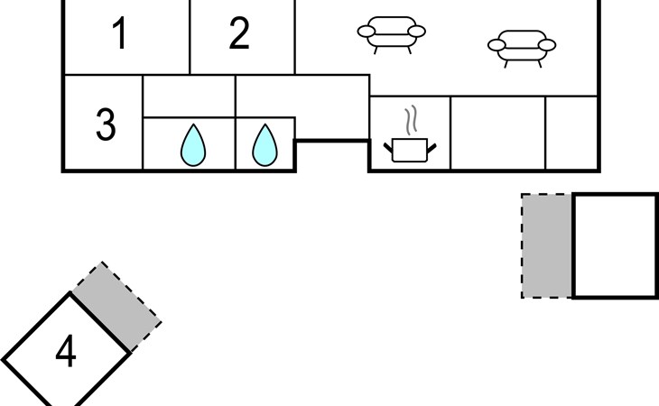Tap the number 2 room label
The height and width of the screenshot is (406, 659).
click(238, 34)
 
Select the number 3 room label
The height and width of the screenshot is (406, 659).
click(106, 125)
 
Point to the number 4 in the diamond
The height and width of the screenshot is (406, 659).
click(65, 352)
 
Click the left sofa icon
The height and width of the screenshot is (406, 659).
click(392, 34)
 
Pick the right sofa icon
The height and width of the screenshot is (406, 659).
click(521, 45)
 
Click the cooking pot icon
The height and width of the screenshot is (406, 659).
click(410, 150)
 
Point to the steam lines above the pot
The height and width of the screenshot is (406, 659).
click(412, 120)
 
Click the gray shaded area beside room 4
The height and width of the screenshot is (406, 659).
click(116, 307)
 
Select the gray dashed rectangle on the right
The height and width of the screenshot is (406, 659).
click(547, 245)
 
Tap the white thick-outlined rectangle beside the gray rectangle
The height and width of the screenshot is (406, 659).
click(615, 245)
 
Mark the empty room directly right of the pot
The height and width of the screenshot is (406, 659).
click(497, 133)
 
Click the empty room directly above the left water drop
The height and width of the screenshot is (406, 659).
click(190, 97)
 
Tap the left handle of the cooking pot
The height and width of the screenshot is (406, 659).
click(389, 146)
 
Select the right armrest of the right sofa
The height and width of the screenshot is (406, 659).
click(547, 43)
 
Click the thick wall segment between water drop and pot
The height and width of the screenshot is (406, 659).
click(332, 141)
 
